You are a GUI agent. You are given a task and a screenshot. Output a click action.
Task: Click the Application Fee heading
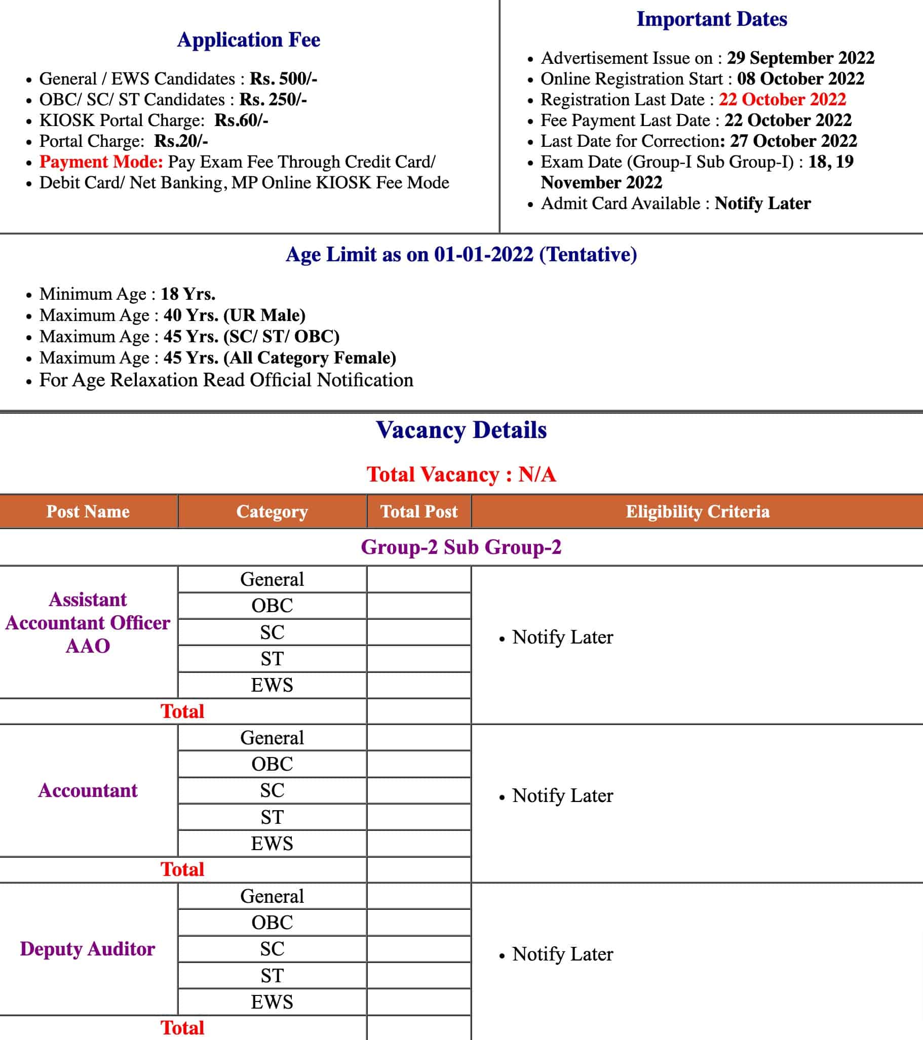coord(248,39)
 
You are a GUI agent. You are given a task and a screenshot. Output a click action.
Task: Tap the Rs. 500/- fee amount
coord(283,79)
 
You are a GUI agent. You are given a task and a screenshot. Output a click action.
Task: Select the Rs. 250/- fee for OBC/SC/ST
coord(273,100)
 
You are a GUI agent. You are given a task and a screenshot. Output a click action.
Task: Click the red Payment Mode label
coord(101,162)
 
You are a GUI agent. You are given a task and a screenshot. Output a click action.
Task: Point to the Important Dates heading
coord(711,19)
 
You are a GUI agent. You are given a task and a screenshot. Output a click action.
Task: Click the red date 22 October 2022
coord(782,99)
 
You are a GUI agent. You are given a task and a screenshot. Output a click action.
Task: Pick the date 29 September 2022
coord(800,58)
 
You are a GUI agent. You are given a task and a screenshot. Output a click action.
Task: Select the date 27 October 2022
coord(793,141)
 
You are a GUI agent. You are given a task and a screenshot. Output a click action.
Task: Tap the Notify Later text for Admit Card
coord(762,204)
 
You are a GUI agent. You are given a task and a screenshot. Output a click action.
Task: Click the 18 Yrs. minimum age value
coord(188,294)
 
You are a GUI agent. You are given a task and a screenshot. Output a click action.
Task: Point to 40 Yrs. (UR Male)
coord(234,315)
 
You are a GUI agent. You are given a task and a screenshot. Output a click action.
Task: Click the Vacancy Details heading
coord(461,430)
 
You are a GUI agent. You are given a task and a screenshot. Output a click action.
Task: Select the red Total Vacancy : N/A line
coord(461,474)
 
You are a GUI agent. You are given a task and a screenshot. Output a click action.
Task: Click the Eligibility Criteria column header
coord(697,511)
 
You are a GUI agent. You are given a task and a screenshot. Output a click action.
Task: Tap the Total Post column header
coord(419,511)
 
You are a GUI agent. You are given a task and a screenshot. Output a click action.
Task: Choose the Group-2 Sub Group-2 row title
coord(461,547)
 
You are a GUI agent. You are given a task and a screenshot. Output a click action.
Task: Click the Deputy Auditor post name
coord(88,949)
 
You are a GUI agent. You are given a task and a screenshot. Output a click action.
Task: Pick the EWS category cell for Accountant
coord(272,844)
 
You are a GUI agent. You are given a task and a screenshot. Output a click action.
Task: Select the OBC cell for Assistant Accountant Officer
coord(272,606)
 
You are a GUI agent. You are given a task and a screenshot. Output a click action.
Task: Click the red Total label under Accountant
coord(182,869)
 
